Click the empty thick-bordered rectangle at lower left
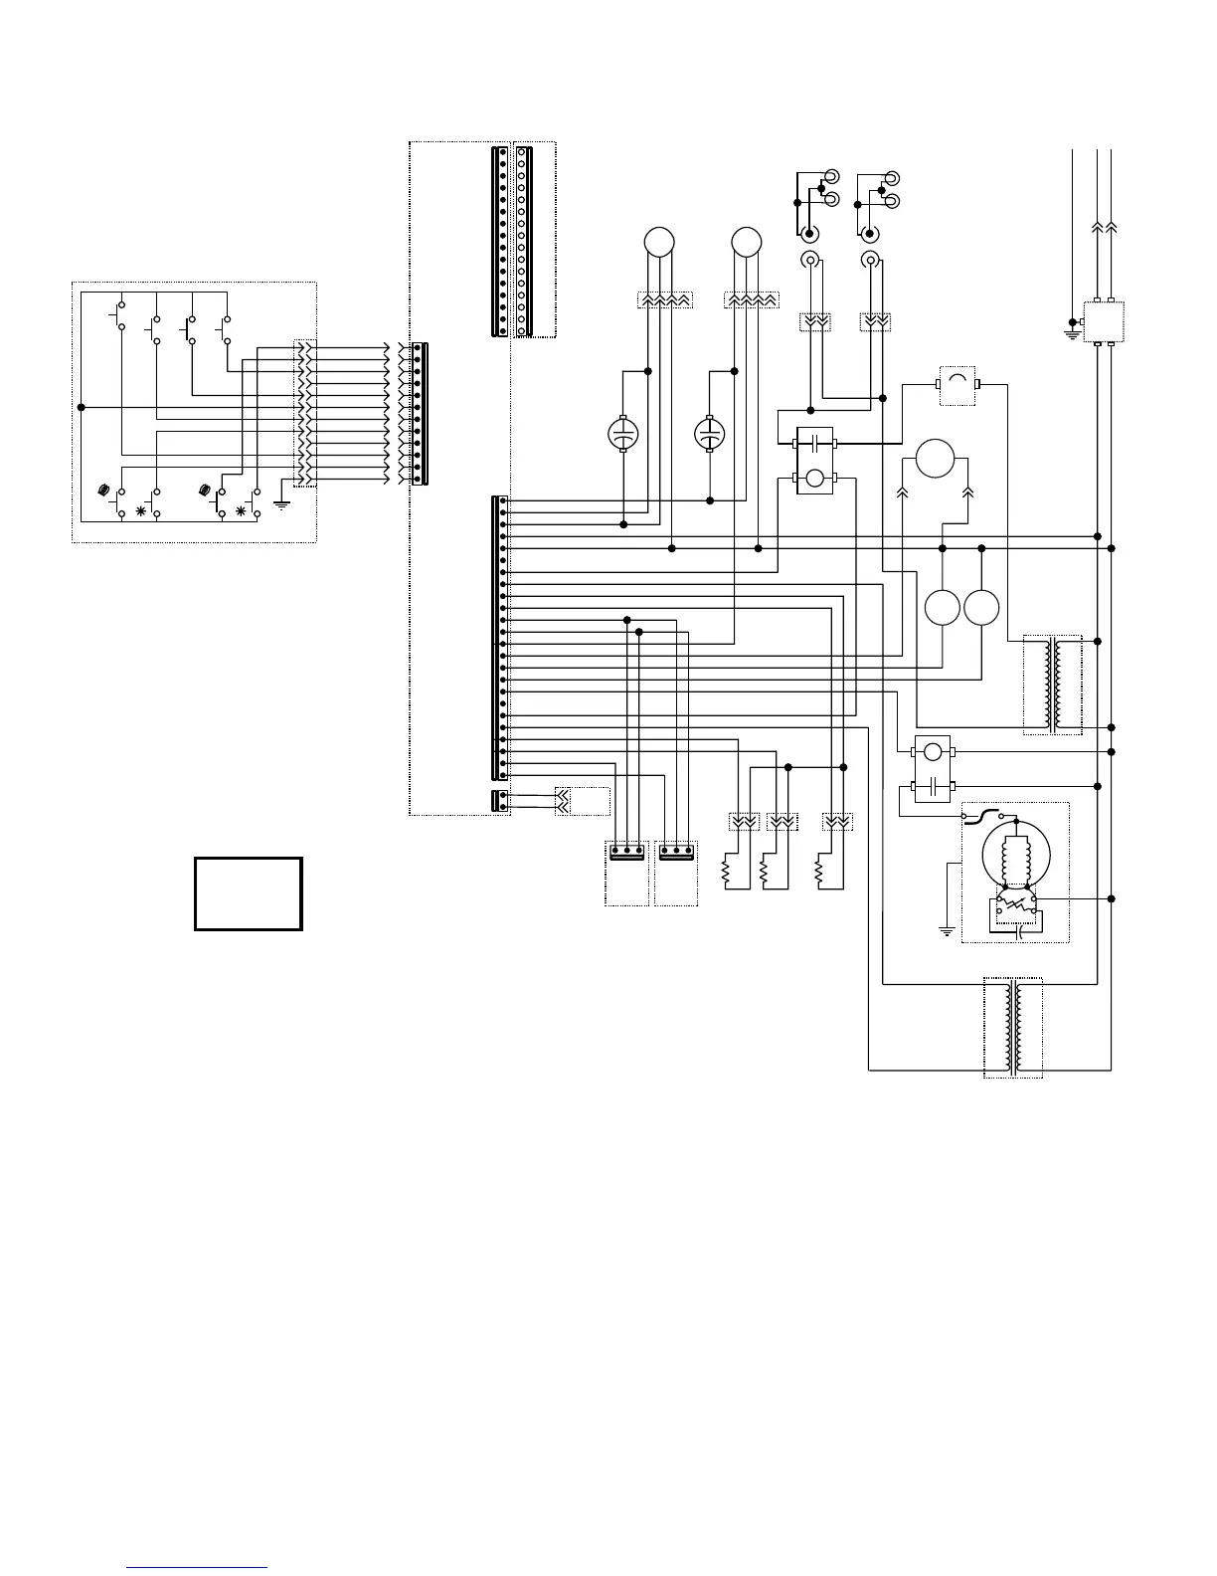(x=248, y=893)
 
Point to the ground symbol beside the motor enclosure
(x=947, y=930)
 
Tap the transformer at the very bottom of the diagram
(x=1013, y=1028)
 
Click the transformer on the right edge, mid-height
(x=1053, y=685)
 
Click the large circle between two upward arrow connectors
(x=935, y=460)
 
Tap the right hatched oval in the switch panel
(x=205, y=491)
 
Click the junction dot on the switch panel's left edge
(x=82, y=407)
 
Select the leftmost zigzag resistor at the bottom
(x=726, y=873)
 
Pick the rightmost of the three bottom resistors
(x=819, y=873)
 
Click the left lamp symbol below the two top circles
(x=622, y=434)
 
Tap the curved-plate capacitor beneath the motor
(x=1016, y=932)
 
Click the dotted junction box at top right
(x=1103, y=320)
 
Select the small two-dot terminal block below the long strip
(x=502, y=801)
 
